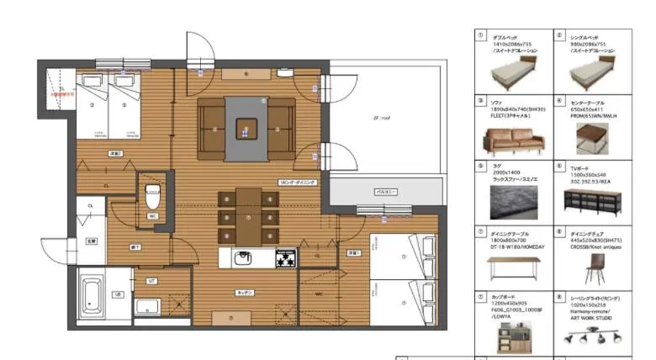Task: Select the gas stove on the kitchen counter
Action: [x=286, y=257]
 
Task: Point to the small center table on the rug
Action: [x=246, y=129]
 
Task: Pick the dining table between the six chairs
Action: [x=248, y=216]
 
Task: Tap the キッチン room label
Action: [x=245, y=292]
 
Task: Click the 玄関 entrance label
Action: [x=91, y=241]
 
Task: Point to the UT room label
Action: [x=151, y=280]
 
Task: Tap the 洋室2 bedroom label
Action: [x=117, y=154]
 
